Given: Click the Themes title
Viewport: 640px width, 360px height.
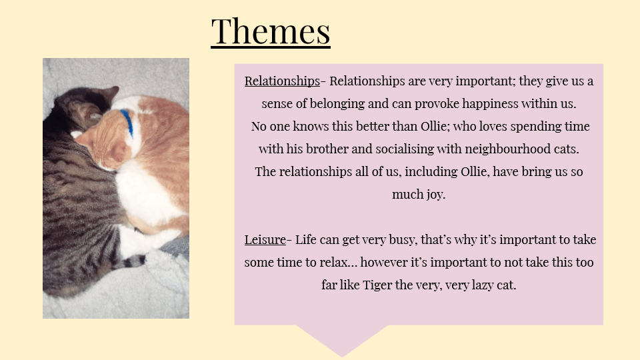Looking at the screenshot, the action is coord(271,31).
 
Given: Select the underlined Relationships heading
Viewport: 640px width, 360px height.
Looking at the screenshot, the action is coord(282,81).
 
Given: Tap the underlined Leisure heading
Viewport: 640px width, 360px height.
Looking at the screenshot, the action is coord(265,239).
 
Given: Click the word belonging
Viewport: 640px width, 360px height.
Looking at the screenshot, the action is coord(337,104).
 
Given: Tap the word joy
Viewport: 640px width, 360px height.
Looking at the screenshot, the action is coord(436,194).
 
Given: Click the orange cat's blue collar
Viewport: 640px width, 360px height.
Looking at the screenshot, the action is coord(127,123).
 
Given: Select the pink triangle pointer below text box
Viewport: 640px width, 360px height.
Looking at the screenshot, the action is coord(342,340).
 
